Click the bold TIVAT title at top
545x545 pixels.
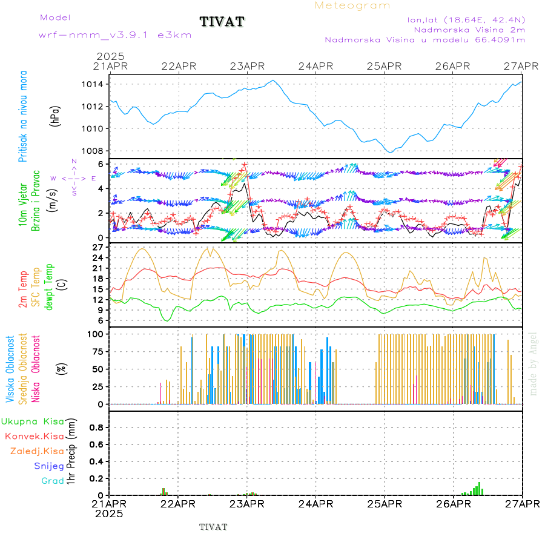[x=222, y=22]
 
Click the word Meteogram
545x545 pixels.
[x=352, y=5]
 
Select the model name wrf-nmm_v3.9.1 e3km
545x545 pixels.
[x=115, y=35]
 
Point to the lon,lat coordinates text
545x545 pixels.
[x=466, y=19]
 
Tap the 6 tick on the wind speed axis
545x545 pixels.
[x=102, y=164]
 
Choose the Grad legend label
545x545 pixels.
[x=53, y=481]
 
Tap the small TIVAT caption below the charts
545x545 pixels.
[x=213, y=527]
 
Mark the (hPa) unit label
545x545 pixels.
[x=55, y=115]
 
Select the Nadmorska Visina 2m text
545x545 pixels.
[x=469, y=29]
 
